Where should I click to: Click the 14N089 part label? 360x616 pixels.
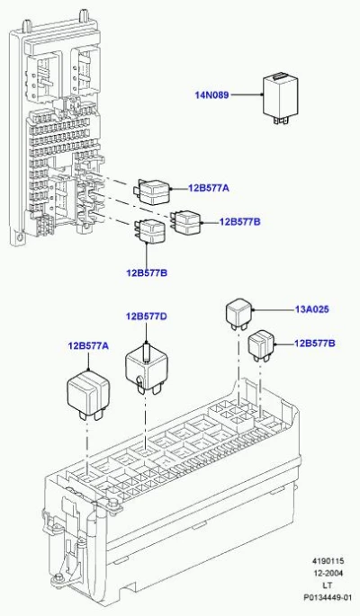[x=211, y=94]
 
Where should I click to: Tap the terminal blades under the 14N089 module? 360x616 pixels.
[x=282, y=120]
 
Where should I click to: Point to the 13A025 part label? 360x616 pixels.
[x=311, y=309]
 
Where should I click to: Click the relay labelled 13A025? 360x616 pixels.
[x=238, y=314]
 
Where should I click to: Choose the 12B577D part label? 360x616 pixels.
[x=146, y=317]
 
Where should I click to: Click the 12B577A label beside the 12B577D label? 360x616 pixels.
[x=88, y=346]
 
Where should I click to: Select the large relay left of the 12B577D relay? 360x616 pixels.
[x=89, y=394]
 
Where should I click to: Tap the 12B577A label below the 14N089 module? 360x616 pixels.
[x=208, y=188]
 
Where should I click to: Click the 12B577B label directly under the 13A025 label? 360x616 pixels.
[x=315, y=344]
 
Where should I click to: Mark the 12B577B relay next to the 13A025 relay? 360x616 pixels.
[x=261, y=345]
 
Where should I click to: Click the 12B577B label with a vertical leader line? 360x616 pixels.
[x=147, y=272]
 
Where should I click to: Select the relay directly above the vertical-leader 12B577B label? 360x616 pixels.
[x=150, y=230]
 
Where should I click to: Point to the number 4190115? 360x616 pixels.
[x=328, y=561]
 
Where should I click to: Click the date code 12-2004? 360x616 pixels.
[x=328, y=573]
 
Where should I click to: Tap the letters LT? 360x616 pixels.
[x=328, y=585]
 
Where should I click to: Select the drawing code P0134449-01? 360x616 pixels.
[x=327, y=597]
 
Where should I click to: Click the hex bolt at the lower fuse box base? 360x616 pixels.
[x=59, y=577]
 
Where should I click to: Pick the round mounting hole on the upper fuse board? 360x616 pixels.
[x=17, y=237]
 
